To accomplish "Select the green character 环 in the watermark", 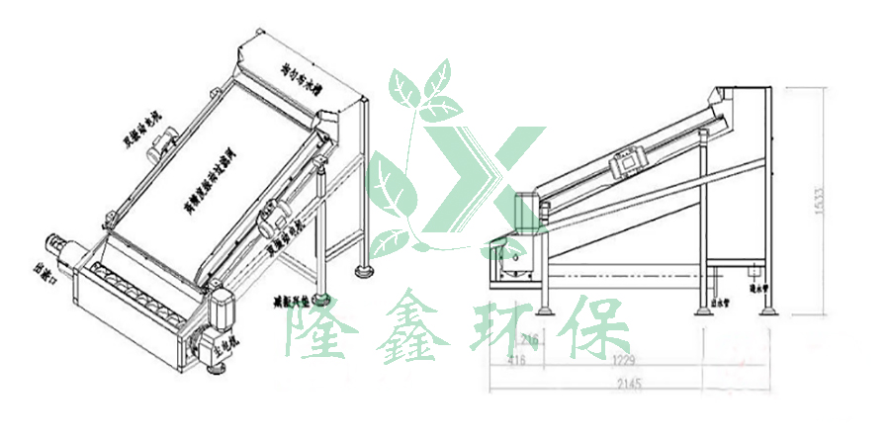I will (508, 326).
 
